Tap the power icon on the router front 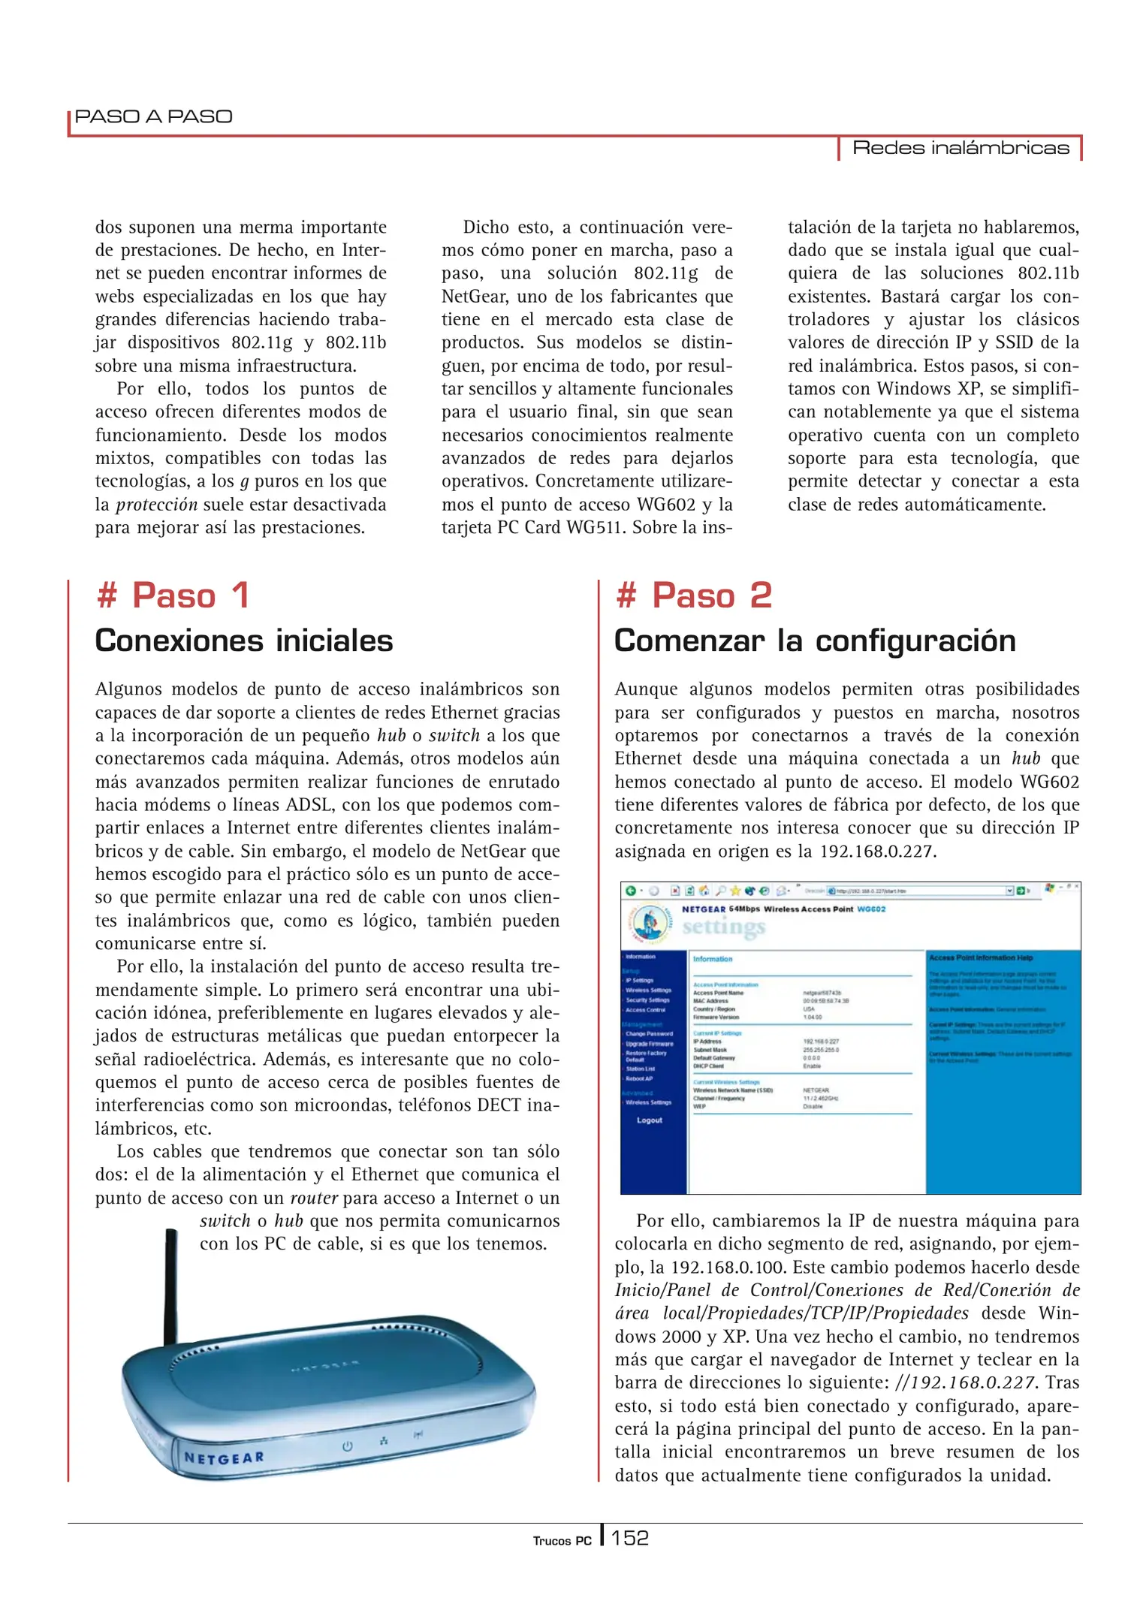(348, 1445)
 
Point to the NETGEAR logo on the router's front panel (224, 1458)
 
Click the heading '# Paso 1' (173, 595)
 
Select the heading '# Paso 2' (693, 595)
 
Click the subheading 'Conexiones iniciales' (244, 641)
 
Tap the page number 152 (629, 1538)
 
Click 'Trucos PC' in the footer (562, 1541)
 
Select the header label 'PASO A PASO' (154, 116)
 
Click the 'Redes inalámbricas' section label (961, 148)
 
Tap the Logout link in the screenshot (650, 1120)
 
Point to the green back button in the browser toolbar (631, 891)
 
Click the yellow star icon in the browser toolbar (735, 891)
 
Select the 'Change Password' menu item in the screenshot (649, 1034)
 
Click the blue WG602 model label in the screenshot (871, 909)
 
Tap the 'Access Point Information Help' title (981, 958)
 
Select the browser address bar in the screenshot (916, 891)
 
